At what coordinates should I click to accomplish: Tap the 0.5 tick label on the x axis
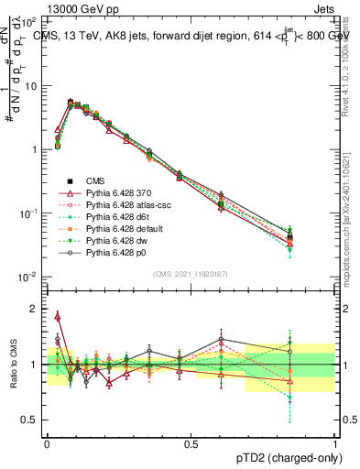pos(191,442)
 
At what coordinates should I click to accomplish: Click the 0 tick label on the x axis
pos(47,442)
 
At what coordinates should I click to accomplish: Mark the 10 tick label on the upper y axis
pos(30,85)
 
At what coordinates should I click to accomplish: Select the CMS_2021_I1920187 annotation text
pos(191,273)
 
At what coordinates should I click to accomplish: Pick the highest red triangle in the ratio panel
pos(58,316)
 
